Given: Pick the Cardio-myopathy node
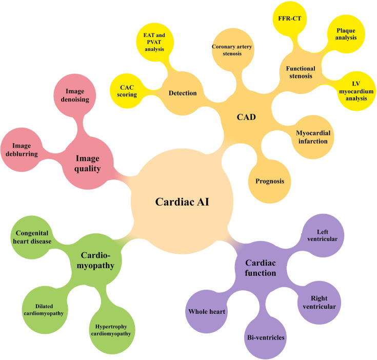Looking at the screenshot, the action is [x=100, y=260].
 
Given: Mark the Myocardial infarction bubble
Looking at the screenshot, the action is [x=313, y=137].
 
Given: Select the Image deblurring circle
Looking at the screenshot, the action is [x=22, y=149].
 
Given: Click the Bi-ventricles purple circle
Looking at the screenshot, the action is [x=265, y=337].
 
